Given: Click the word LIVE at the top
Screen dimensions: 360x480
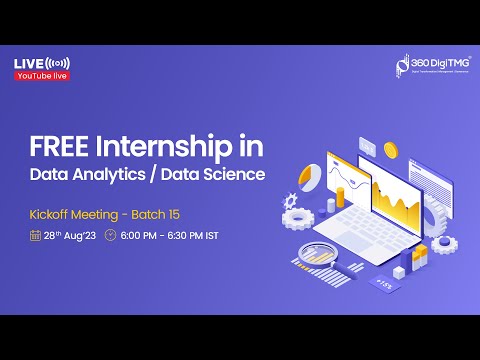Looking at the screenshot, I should tap(28, 63).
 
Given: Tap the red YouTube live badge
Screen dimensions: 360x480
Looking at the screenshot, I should tap(41, 76).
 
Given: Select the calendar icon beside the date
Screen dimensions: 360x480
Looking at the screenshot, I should tap(35, 236).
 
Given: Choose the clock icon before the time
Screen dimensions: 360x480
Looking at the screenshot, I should tap(111, 236).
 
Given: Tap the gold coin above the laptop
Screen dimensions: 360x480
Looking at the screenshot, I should tap(390, 149).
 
